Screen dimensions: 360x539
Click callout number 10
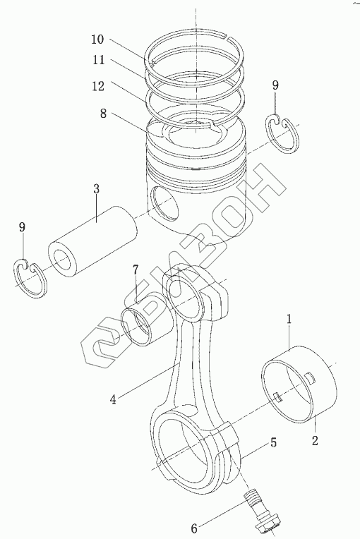coord(97,40)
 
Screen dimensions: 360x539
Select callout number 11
coord(98,60)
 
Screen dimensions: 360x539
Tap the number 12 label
coord(98,86)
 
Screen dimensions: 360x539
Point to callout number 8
coord(104,114)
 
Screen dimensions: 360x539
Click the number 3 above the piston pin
coord(96,188)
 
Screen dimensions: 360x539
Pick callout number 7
coord(136,269)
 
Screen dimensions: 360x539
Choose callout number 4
coord(113,399)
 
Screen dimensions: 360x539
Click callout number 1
coord(289,319)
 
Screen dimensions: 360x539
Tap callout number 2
coord(315,440)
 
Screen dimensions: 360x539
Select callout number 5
coord(273,442)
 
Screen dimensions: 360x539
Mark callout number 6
coord(194,528)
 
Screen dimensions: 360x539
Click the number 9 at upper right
coord(275,85)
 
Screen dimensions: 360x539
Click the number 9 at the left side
coord(22,227)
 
